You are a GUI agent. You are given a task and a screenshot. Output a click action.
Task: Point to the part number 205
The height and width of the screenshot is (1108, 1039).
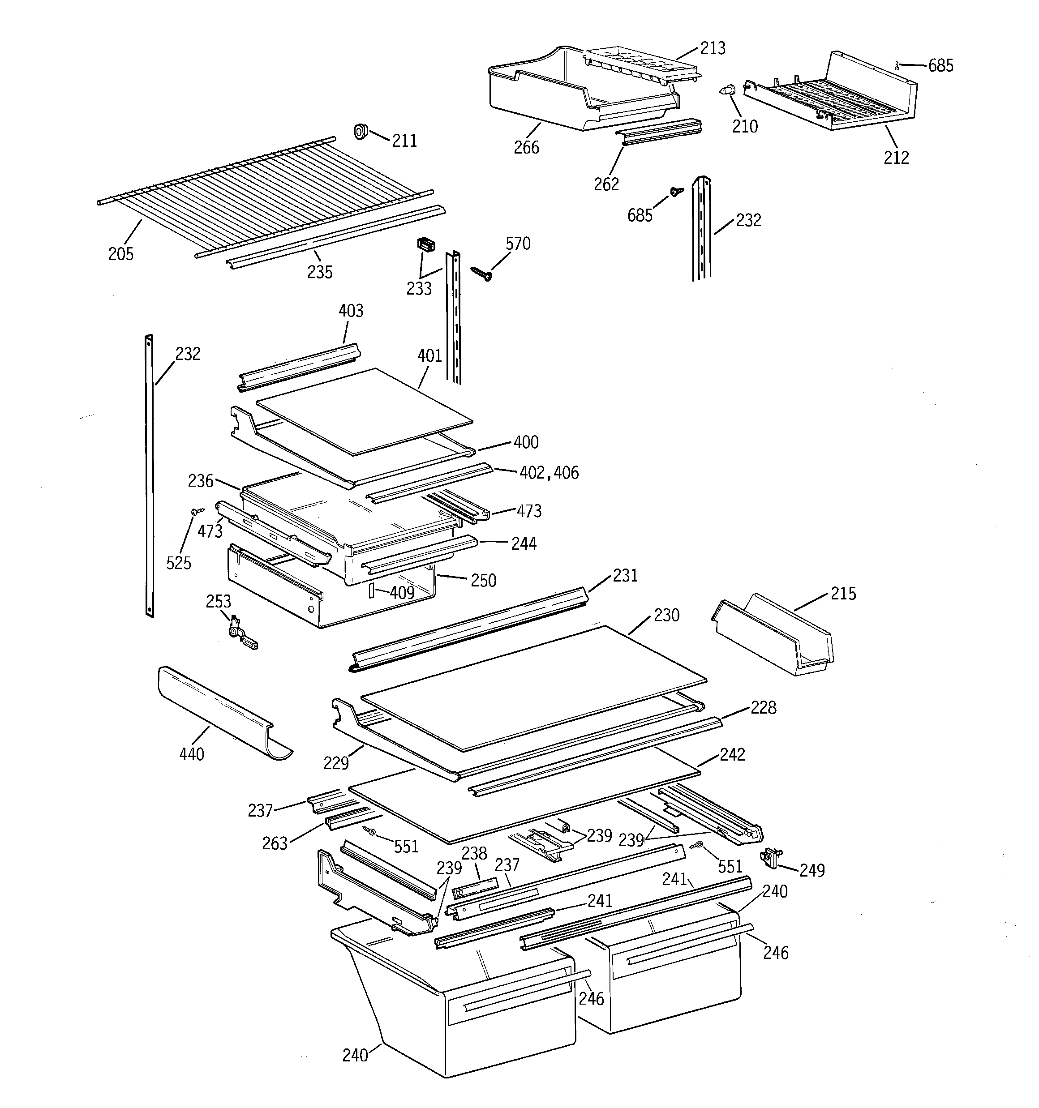click(120, 254)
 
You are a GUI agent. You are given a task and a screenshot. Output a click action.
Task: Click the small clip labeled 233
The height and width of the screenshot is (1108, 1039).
click(426, 245)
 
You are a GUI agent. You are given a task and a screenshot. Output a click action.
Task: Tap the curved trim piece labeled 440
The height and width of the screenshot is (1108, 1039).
click(223, 714)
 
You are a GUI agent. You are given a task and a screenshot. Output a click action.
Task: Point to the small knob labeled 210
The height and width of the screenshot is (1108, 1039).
click(727, 90)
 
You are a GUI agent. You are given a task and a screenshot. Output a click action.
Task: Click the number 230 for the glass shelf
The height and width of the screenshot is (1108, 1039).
click(666, 615)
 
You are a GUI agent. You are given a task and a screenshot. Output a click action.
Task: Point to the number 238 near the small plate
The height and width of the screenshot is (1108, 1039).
click(474, 853)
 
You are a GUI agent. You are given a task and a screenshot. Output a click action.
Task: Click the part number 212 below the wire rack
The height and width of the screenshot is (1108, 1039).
click(896, 158)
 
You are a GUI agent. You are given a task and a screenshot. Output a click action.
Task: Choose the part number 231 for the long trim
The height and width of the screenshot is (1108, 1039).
click(625, 575)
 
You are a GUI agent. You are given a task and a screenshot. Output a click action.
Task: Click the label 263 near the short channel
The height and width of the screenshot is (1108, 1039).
click(275, 843)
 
